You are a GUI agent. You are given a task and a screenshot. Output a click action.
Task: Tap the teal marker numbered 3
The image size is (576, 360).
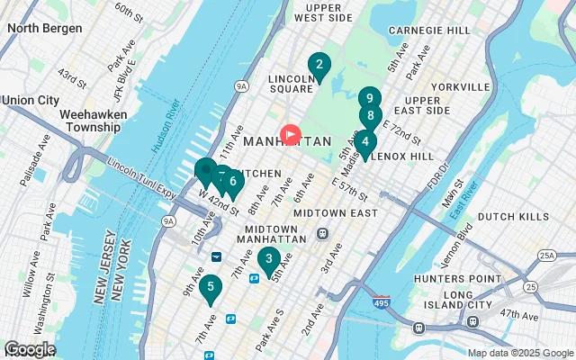point(268,260)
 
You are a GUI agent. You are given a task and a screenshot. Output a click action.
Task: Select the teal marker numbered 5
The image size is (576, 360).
point(211,289)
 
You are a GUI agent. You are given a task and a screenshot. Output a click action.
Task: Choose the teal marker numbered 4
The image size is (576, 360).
point(364,142)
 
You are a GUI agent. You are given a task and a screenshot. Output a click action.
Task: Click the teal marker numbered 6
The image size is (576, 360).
point(233,183)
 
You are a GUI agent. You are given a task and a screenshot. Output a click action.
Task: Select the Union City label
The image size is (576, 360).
point(31,99)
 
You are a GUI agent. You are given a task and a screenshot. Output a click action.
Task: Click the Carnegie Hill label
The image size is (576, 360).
point(429,30)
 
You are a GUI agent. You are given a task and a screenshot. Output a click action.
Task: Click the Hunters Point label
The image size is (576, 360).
point(472,279)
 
